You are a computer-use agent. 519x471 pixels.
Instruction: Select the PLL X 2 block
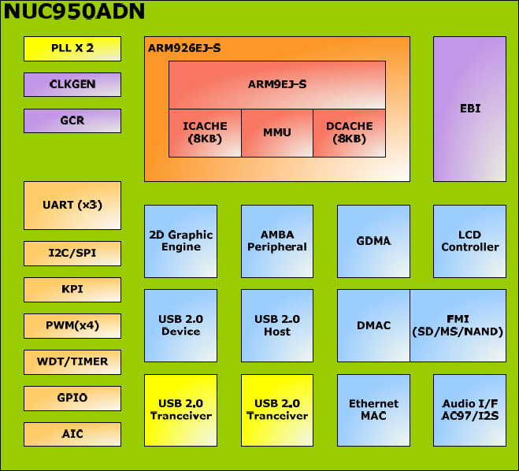click(x=72, y=49)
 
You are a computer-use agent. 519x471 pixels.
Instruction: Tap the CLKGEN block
click(x=72, y=84)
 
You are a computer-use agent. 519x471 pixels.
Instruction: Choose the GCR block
click(x=72, y=121)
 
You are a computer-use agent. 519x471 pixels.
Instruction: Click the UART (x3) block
click(x=72, y=205)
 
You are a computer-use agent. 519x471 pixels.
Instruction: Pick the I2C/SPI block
click(x=72, y=254)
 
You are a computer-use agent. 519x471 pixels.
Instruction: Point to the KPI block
click(x=72, y=289)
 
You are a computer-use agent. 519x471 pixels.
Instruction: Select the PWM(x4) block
click(x=72, y=325)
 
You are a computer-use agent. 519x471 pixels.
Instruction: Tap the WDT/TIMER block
click(x=72, y=362)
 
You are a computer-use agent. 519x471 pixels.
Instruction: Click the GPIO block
click(x=72, y=398)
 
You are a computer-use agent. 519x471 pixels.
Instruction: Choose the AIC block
click(x=72, y=434)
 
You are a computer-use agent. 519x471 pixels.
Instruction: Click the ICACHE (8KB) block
click(x=205, y=132)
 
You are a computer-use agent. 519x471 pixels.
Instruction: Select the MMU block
click(x=277, y=132)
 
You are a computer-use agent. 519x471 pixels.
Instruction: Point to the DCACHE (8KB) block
click(x=350, y=132)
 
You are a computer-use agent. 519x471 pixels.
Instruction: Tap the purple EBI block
click(x=469, y=109)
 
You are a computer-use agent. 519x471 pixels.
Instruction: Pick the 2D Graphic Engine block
click(x=180, y=241)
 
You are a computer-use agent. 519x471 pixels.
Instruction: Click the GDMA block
click(x=373, y=241)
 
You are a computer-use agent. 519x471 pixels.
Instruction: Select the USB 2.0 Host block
click(x=277, y=325)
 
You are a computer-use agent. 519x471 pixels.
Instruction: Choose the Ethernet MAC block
click(x=373, y=410)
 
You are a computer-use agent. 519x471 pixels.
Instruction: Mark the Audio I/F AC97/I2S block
click(x=469, y=410)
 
